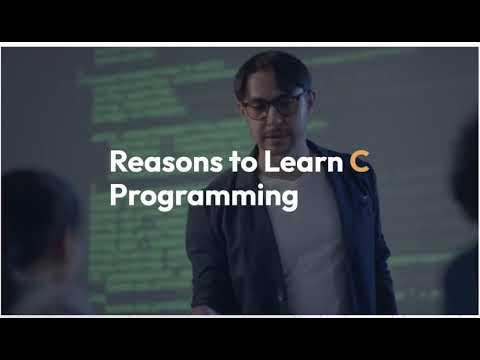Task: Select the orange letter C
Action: click(x=360, y=161)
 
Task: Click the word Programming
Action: click(x=203, y=196)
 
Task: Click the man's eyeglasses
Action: click(x=272, y=104)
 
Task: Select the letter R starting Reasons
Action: click(x=116, y=161)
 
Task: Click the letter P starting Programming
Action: click(x=116, y=195)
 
